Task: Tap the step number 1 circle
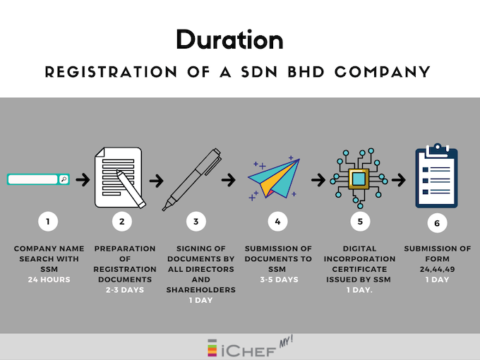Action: (48, 222)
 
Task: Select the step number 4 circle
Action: (277, 222)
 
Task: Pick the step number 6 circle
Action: (437, 223)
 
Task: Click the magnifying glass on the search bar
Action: (64, 179)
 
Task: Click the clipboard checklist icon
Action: (436, 176)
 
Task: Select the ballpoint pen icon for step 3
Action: (193, 179)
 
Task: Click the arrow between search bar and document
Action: (83, 180)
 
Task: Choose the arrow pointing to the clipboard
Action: (399, 180)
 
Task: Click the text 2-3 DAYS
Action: (125, 289)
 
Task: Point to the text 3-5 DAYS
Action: (277, 280)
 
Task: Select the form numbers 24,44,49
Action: (437, 269)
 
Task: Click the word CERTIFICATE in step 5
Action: (360, 269)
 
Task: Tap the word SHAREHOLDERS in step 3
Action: (200, 289)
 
